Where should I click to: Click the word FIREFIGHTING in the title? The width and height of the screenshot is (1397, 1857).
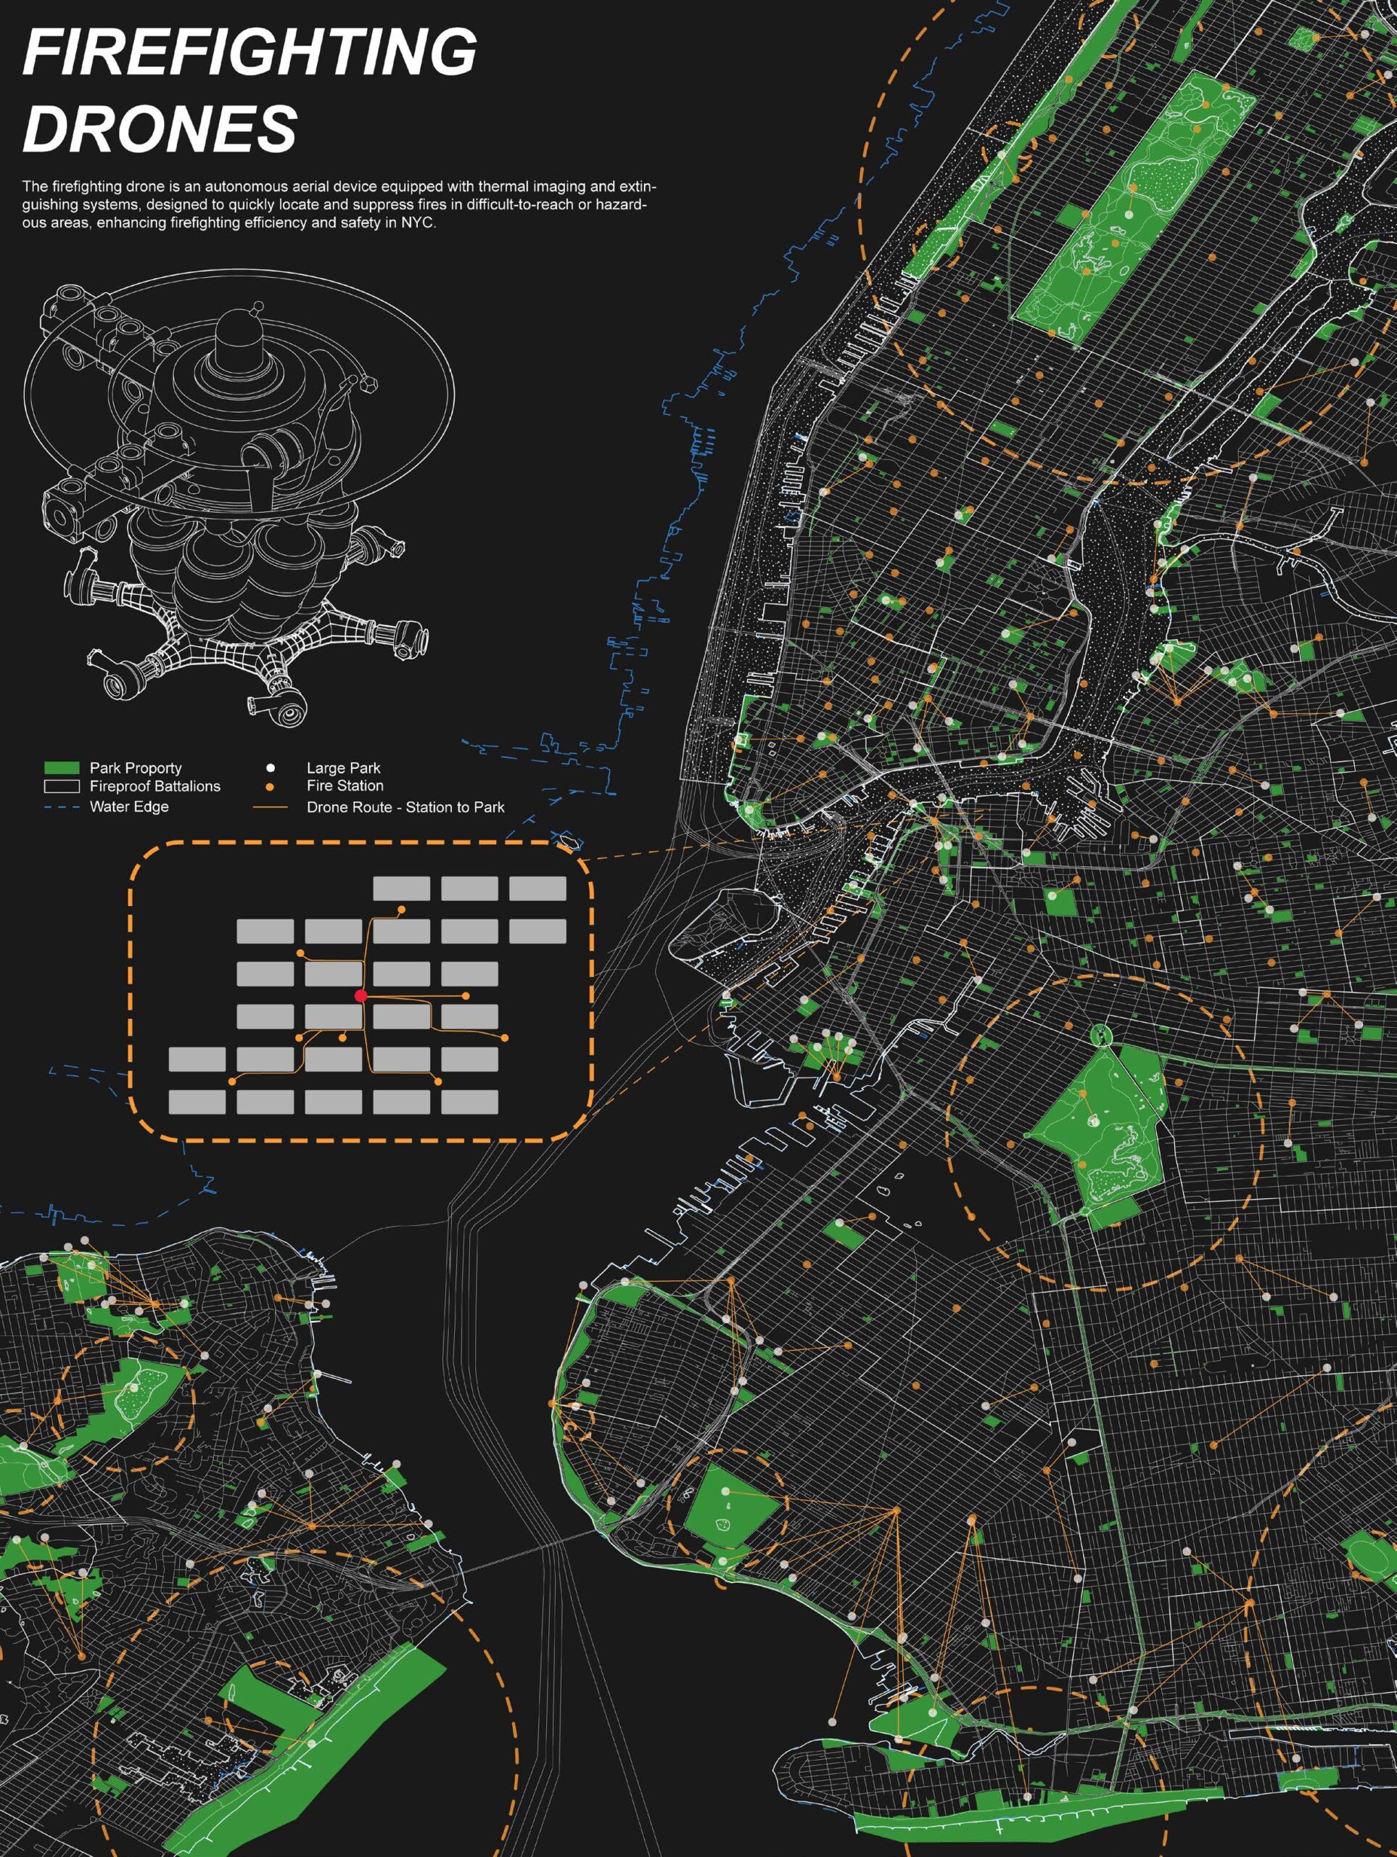click(x=250, y=52)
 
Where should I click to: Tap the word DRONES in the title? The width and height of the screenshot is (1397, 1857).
click(x=160, y=128)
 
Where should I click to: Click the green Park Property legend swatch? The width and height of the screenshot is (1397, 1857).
click(x=61, y=767)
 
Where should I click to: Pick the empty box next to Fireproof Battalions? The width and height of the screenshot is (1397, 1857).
click(x=61, y=786)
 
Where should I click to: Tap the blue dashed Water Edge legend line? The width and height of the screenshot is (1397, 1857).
click(x=61, y=807)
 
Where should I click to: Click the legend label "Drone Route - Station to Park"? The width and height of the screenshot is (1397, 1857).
click(x=405, y=807)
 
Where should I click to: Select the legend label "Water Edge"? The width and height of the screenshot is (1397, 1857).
click(x=129, y=807)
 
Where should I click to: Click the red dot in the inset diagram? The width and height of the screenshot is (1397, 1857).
click(x=361, y=996)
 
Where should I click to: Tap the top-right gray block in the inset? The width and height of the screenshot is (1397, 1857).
click(x=537, y=888)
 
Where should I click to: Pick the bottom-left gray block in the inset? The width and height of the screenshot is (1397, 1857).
click(x=197, y=1101)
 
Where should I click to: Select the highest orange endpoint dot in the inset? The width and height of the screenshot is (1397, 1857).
click(x=401, y=909)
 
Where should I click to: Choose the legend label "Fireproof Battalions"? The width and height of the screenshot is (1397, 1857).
click(x=155, y=786)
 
